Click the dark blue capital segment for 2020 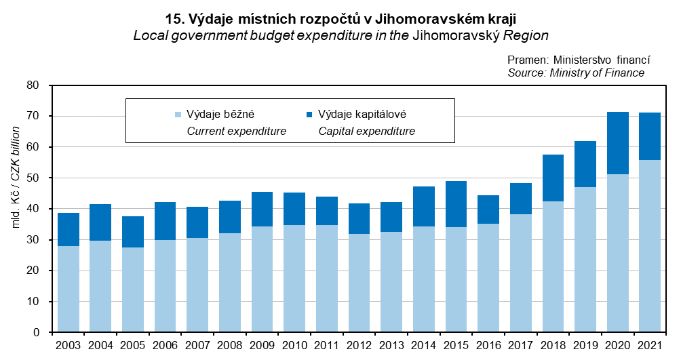(617, 143)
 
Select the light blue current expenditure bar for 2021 (650, 245)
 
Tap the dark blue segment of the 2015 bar (456, 204)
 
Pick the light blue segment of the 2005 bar (133, 289)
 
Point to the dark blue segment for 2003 (69, 229)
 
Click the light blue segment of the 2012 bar (359, 283)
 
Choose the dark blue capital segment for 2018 (553, 178)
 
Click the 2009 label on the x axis (262, 345)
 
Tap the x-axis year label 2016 (488, 345)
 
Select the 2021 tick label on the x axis (649, 345)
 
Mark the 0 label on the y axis (37, 332)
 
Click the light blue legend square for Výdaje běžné (178, 115)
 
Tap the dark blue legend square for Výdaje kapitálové (310, 115)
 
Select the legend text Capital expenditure (366, 131)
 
